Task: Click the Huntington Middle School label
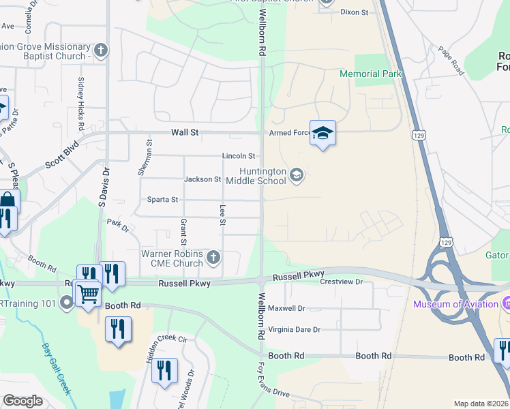[x=262, y=175]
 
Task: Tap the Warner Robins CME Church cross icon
[x=213, y=258]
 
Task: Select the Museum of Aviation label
[x=455, y=304]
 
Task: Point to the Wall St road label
[x=184, y=132]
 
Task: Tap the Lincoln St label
[x=238, y=156]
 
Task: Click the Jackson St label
[x=202, y=179]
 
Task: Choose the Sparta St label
[x=163, y=200]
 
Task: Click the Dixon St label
[x=354, y=12]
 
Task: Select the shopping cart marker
[x=89, y=294]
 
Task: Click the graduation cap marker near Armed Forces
[x=322, y=134]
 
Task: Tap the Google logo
[x=23, y=401]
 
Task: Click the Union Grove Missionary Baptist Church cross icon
[x=101, y=50]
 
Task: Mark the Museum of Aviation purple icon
[x=506, y=303]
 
